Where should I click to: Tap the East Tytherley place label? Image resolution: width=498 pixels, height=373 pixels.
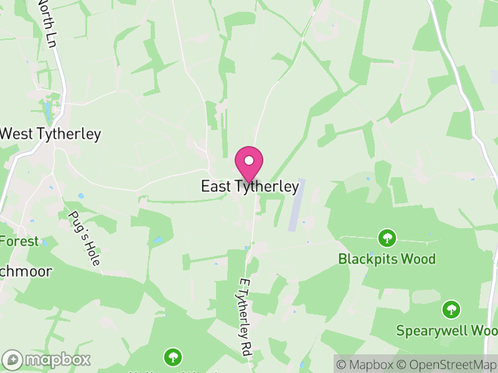pos(250,186)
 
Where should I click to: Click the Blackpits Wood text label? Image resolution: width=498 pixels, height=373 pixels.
pos(387,259)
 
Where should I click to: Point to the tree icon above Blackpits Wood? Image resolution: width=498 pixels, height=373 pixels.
pos(387,237)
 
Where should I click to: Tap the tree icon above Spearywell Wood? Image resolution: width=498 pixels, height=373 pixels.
pos(451,308)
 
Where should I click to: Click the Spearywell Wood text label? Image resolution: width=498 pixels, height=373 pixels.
pos(447,329)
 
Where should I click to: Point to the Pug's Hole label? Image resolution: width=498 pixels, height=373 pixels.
pos(83,238)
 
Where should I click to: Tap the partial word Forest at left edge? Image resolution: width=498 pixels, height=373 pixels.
pos(19,241)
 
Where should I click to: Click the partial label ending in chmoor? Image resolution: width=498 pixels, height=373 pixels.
pos(26,272)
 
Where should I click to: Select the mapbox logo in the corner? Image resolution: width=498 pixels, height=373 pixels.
pos(47,359)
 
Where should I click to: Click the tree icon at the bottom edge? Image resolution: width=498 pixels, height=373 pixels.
pos(172,357)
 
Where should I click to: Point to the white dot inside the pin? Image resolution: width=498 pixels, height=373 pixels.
pos(249,160)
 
